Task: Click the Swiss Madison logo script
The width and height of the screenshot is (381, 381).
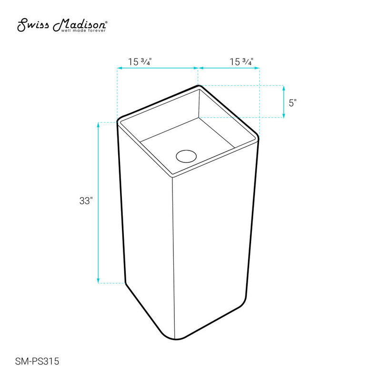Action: [61, 25]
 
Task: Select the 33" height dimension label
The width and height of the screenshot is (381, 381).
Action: [85, 201]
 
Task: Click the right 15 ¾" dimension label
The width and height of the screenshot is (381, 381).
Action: [241, 61]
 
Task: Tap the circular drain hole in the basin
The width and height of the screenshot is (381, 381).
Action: [186, 155]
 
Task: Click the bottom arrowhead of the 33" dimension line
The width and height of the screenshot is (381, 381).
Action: [98, 281]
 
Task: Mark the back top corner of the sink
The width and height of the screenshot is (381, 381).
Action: [199, 87]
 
